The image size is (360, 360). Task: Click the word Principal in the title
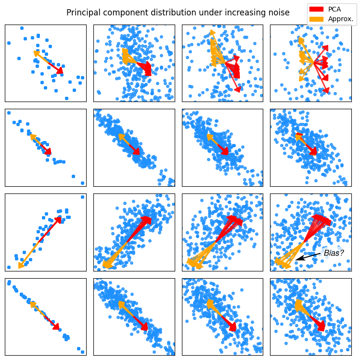point(82,13)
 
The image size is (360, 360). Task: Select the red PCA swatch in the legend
point(316,9)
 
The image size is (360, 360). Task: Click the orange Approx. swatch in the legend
point(316,19)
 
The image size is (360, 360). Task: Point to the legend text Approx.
point(341,19)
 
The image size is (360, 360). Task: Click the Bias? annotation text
point(334,253)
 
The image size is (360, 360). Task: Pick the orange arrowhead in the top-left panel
point(36,52)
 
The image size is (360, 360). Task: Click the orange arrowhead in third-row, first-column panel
point(21,266)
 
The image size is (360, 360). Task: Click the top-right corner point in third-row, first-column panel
point(82,197)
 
